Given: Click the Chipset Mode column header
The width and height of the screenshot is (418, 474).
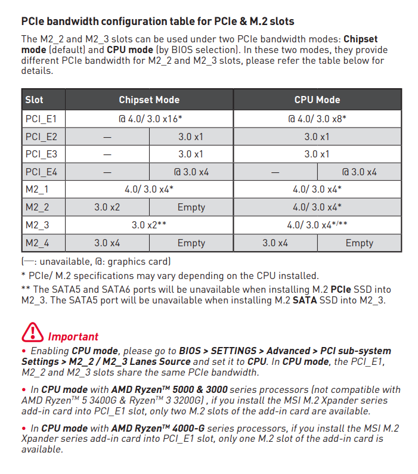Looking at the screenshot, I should pos(149,100).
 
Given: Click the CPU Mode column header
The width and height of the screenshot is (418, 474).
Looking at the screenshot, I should pos(317,100).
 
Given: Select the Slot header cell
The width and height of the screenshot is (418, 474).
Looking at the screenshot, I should pos(35,100).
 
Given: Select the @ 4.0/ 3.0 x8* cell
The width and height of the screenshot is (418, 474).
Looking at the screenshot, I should pos(317,119).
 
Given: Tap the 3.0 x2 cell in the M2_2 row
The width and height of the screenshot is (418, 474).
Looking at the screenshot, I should pos(107,207).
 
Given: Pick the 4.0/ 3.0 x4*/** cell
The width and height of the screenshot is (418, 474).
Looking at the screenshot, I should pos(317,225).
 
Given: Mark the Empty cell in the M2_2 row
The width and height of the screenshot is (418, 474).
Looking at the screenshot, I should pos(191,207).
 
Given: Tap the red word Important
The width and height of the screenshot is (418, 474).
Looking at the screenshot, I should pos(73,337).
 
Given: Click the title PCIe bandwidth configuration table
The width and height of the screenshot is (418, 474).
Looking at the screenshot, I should pos(157,21).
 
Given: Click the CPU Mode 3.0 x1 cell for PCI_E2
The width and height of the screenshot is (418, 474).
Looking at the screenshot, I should pos(317,137).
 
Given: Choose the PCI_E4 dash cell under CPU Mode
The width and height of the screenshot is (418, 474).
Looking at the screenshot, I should pos(275,172).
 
